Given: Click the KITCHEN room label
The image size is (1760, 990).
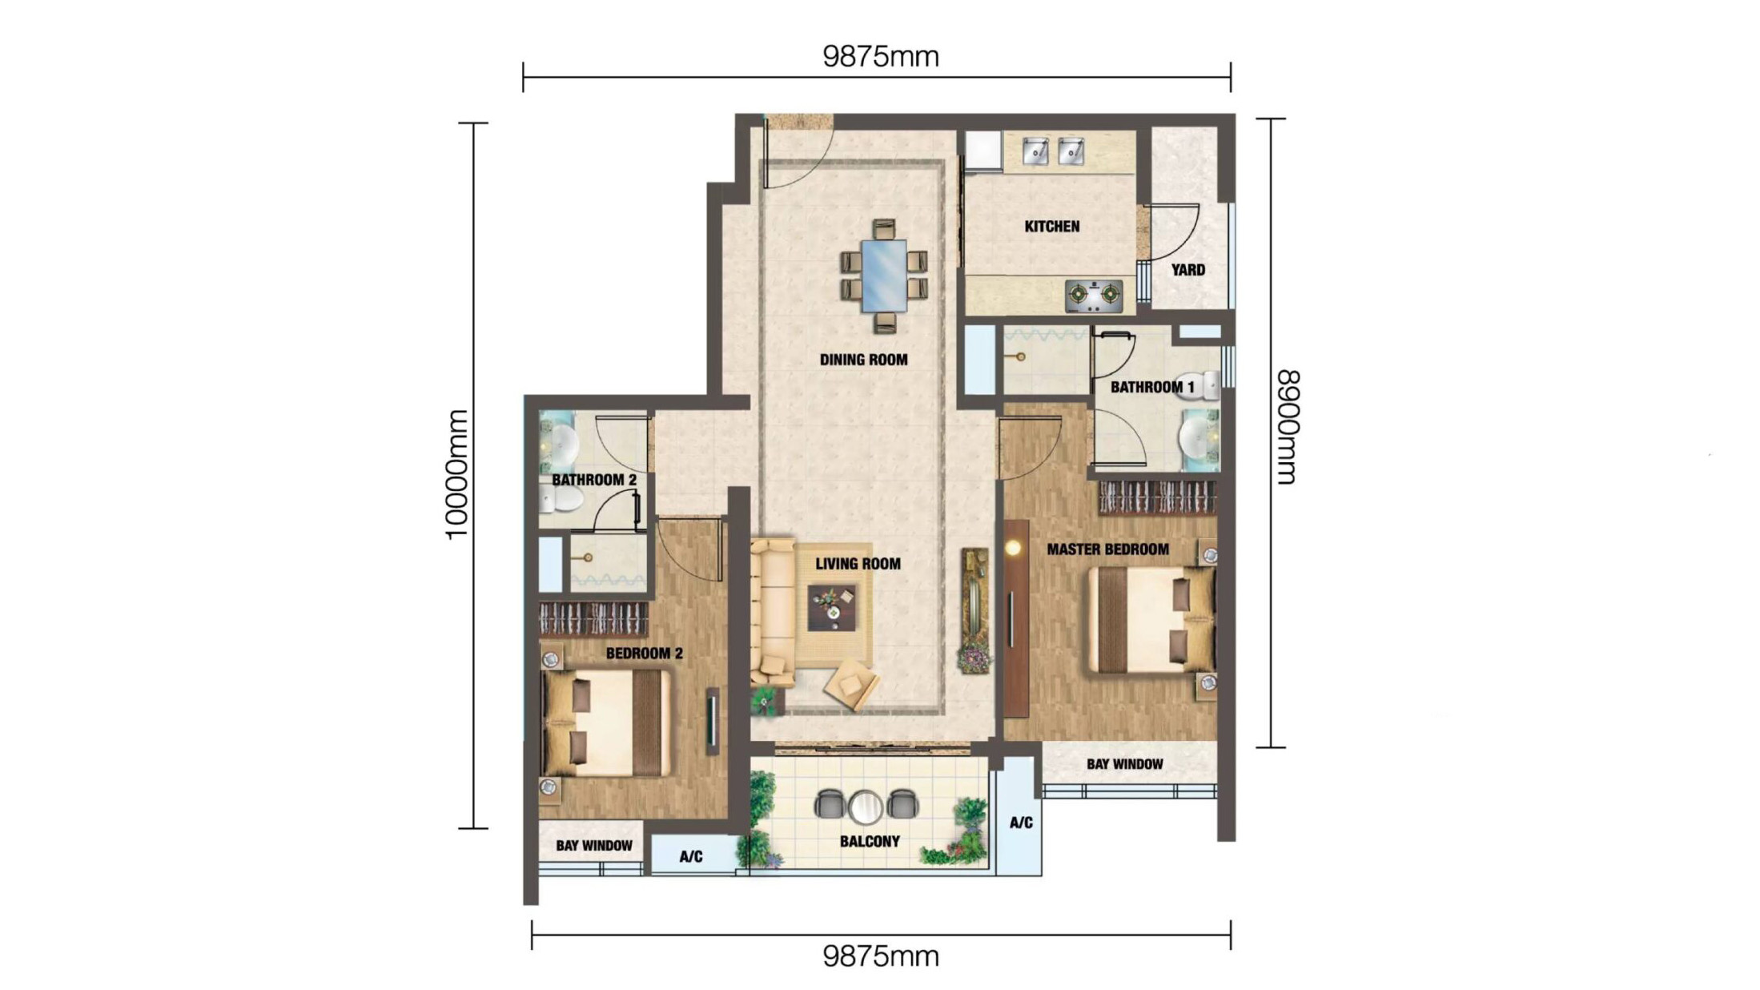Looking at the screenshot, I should tap(1051, 227).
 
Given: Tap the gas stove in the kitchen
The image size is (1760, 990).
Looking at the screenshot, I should tap(1093, 296).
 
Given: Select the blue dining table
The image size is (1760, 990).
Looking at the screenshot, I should tap(884, 276).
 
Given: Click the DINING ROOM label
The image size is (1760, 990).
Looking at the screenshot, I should tap(863, 360).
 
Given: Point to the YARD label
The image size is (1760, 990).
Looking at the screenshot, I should tap(1187, 270).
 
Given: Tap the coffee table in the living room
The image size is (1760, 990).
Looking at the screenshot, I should tap(832, 606).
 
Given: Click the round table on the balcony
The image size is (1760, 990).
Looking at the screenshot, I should tap(865, 807).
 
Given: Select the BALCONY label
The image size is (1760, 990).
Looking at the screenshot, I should tap(870, 841).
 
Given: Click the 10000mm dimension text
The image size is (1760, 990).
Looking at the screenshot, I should tap(457, 475).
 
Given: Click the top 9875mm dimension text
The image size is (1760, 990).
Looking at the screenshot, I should tap(880, 56).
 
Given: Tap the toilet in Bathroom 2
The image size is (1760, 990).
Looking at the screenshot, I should tap(563, 499).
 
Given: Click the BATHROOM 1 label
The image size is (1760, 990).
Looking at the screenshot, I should tap(1151, 387).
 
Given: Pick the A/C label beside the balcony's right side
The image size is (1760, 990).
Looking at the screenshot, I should tap(1020, 823).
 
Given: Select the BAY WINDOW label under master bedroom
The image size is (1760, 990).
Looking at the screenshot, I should tap(1124, 764).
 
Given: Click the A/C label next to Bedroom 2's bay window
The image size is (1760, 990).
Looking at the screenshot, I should tap(690, 856).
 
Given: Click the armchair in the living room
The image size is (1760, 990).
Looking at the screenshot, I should tap(852, 685).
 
